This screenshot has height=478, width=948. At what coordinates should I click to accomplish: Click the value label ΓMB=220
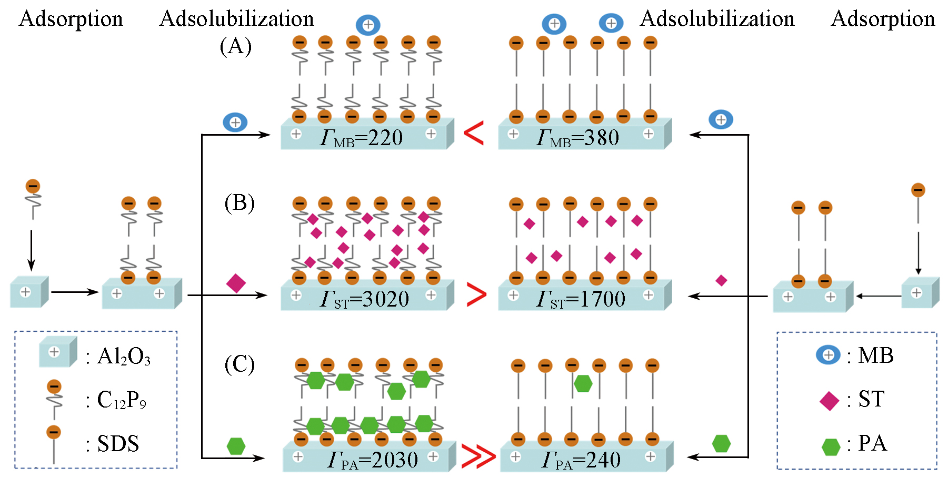click(362, 138)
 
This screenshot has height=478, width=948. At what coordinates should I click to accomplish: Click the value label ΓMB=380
click(577, 138)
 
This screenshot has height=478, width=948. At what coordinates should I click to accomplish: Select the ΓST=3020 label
click(365, 300)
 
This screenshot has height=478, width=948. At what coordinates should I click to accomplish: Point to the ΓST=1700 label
click(581, 300)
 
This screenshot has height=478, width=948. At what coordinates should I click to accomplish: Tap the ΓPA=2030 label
click(373, 461)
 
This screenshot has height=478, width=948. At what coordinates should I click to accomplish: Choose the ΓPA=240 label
click(581, 461)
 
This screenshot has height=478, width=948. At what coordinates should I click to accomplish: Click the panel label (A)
click(235, 46)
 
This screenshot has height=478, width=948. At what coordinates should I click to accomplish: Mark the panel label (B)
click(240, 203)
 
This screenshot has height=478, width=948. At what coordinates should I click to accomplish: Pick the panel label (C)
click(240, 364)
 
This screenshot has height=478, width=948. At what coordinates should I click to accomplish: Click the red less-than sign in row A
click(474, 133)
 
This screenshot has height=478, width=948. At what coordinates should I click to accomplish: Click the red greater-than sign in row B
click(476, 295)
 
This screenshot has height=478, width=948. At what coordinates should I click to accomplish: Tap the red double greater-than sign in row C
click(478, 456)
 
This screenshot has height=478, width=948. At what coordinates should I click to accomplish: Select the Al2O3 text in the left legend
click(124, 357)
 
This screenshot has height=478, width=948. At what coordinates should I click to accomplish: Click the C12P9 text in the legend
click(122, 401)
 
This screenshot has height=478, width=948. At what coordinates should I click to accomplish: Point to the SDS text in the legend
click(118, 444)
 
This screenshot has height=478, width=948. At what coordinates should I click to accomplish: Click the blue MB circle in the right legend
click(828, 355)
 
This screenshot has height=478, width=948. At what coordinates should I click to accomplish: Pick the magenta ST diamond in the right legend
click(829, 401)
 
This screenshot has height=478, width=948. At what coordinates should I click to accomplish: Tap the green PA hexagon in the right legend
click(831, 447)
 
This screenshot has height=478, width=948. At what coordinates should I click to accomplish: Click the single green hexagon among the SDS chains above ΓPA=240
click(583, 383)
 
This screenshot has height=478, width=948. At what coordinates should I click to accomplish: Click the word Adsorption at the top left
click(71, 19)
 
